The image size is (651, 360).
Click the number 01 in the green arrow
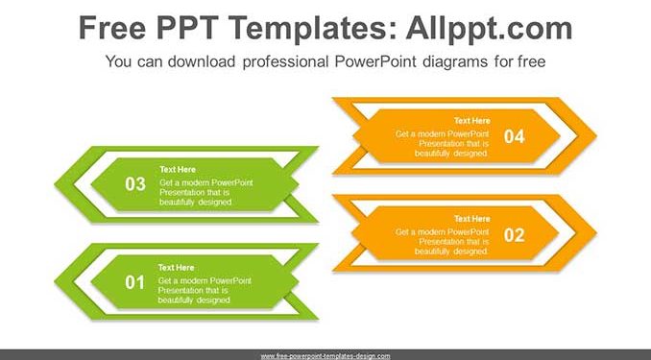(135, 283)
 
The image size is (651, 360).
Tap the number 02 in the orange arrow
(514, 235)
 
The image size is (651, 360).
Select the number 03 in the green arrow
(135, 184)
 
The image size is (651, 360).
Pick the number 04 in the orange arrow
(515, 136)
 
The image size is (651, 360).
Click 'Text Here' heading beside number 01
(176, 268)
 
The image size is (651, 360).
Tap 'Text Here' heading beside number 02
(472, 219)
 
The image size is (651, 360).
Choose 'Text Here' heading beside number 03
(178, 169)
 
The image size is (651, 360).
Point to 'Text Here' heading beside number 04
(472, 120)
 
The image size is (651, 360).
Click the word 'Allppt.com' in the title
(489, 28)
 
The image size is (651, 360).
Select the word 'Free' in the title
(112, 28)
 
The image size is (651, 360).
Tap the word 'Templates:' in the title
(313, 28)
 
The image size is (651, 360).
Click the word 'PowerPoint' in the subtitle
(375, 61)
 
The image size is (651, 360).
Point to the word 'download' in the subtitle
(202, 61)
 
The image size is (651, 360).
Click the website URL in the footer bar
(325, 356)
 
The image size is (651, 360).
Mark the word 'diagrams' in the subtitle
(455, 61)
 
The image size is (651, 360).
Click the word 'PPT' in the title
(188, 28)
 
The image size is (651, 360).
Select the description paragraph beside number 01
(205, 290)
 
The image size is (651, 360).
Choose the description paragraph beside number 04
(443, 144)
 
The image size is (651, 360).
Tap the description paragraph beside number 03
(206, 192)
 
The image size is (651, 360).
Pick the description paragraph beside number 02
(443, 242)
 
